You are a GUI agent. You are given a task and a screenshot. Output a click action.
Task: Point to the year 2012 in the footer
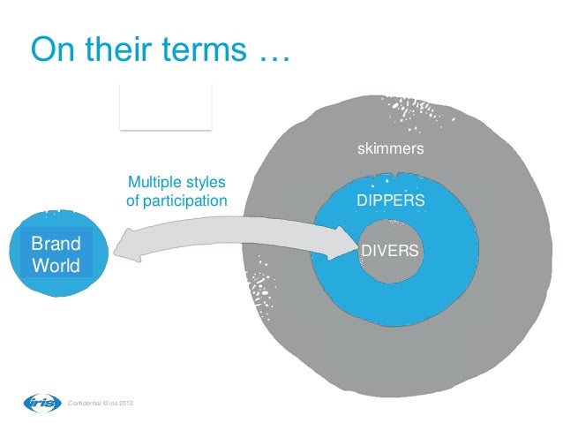pyautogui.click(x=125, y=404)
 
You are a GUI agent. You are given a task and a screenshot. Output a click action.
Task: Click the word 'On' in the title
pyautogui.click(x=53, y=50)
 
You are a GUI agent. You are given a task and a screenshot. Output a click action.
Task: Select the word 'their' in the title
pyautogui.click(x=123, y=50)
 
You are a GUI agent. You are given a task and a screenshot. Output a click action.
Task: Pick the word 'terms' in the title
pyautogui.click(x=206, y=50)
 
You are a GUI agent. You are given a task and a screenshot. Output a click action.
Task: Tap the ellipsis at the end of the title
pyautogui.click(x=273, y=55)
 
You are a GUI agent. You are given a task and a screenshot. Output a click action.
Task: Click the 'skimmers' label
pyautogui.click(x=390, y=149)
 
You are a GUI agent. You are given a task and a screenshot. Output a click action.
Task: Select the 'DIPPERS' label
pyautogui.click(x=390, y=201)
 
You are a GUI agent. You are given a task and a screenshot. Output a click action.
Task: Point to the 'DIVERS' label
pyautogui.click(x=390, y=251)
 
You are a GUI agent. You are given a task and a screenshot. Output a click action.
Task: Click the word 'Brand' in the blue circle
pyautogui.click(x=56, y=243)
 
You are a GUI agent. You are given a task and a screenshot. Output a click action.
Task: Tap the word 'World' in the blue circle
pyautogui.click(x=56, y=265)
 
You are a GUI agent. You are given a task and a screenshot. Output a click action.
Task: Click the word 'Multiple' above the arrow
pyautogui.click(x=154, y=184)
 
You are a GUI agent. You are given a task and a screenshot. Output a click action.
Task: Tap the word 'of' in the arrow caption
pyautogui.click(x=133, y=202)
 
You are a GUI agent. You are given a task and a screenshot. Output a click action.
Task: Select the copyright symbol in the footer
pyautogui.click(x=103, y=404)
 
